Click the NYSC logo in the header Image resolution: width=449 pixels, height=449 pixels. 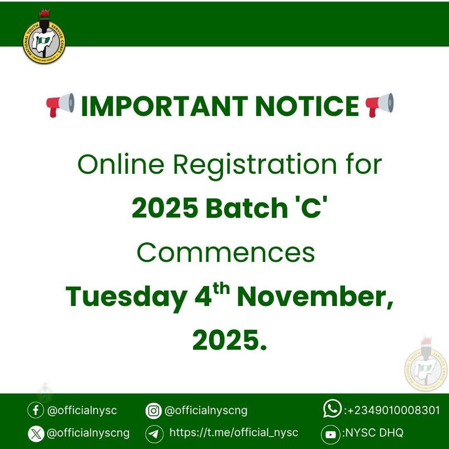(44, 39)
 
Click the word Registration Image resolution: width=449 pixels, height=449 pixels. (254, 165)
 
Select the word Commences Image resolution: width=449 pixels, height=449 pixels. (226, 253)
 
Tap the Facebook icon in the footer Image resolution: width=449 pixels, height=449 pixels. (36, 411)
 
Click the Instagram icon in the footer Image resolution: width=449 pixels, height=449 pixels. (153, 411)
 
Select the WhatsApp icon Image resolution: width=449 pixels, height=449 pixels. (332, 409)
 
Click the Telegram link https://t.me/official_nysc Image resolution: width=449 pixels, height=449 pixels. (234, 433)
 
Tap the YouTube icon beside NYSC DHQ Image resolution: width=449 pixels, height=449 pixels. (331, 434)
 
